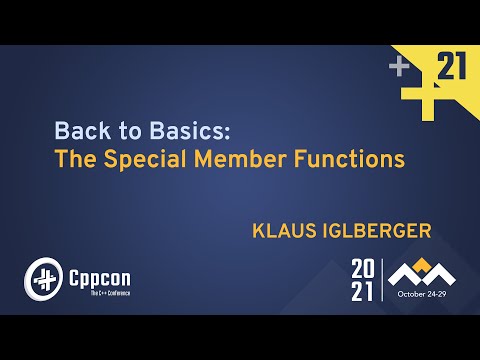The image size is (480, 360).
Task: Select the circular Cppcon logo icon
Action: click(42, 275)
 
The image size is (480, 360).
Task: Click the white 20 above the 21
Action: click(363, 269)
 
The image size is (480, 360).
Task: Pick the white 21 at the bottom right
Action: click(363, 291)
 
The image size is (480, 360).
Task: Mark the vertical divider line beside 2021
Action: click(383, 280)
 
